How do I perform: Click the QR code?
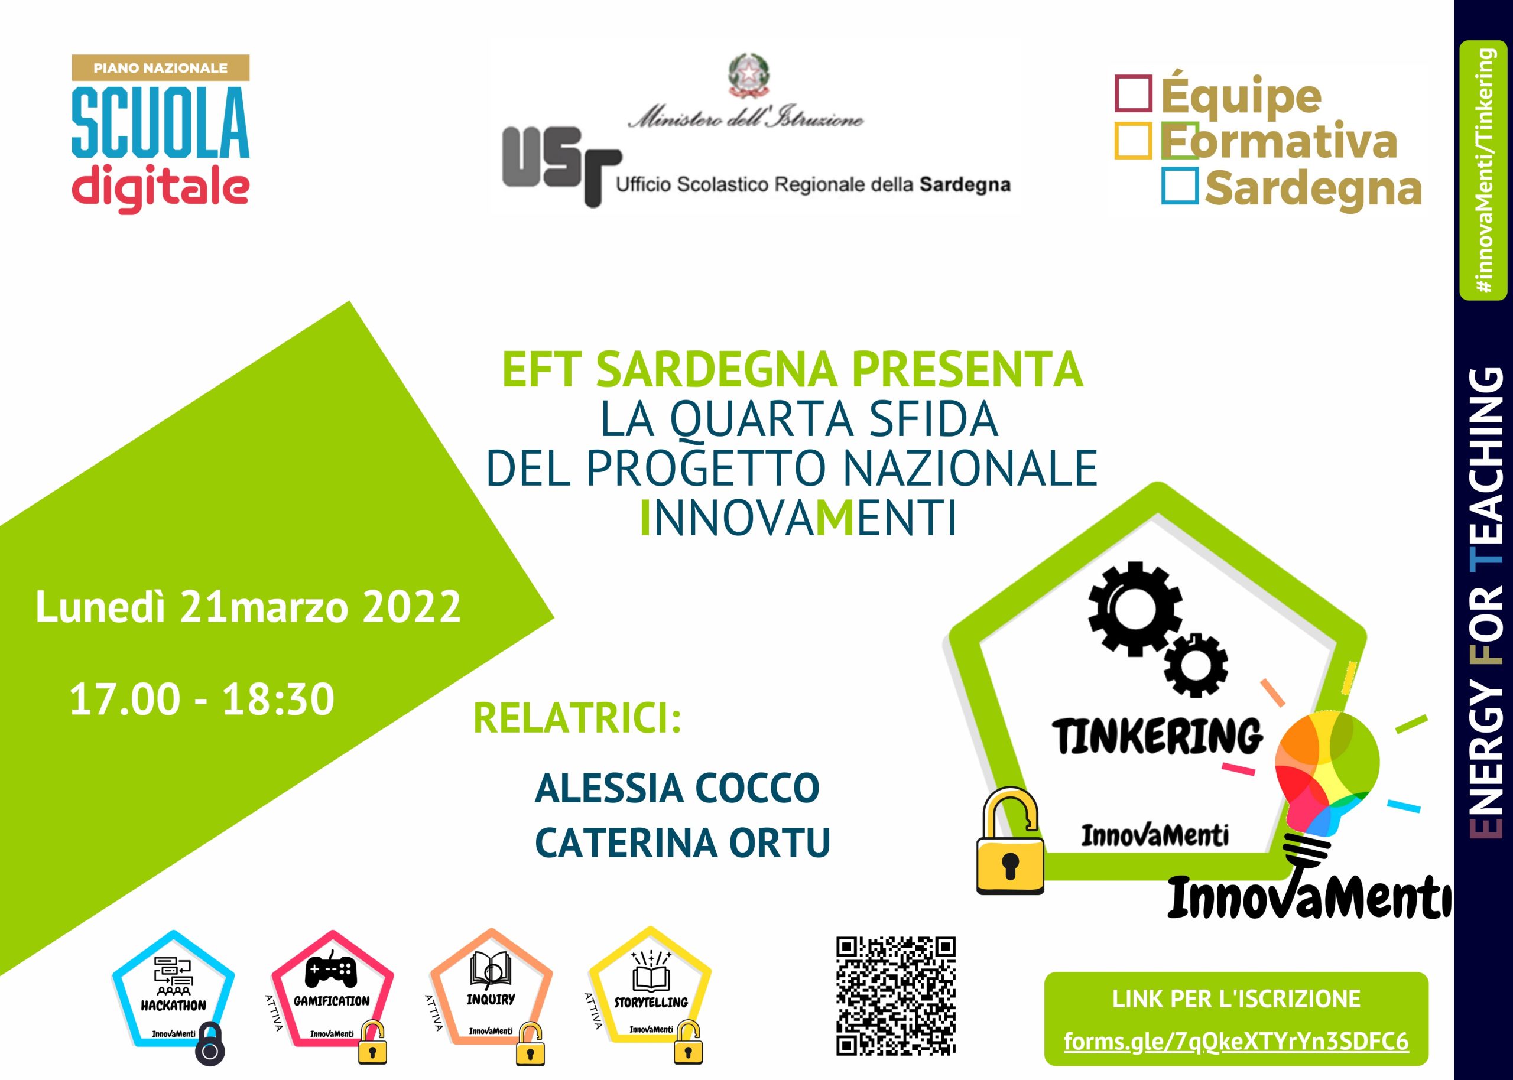click(x=896, y=996)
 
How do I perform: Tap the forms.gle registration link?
click(x=1236, y=1041)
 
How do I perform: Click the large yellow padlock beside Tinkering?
click(x=1009, y=841)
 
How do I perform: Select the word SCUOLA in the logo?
click(x=161, y=123)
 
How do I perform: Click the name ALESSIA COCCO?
click(x=677, y=788)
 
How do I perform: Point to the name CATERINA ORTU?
click(x=683, y=842)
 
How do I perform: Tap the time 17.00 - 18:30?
click(x=202, y=699)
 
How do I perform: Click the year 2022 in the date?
click(x=411, y=607)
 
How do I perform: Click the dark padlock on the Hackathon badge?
click(x=210, y=1043)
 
